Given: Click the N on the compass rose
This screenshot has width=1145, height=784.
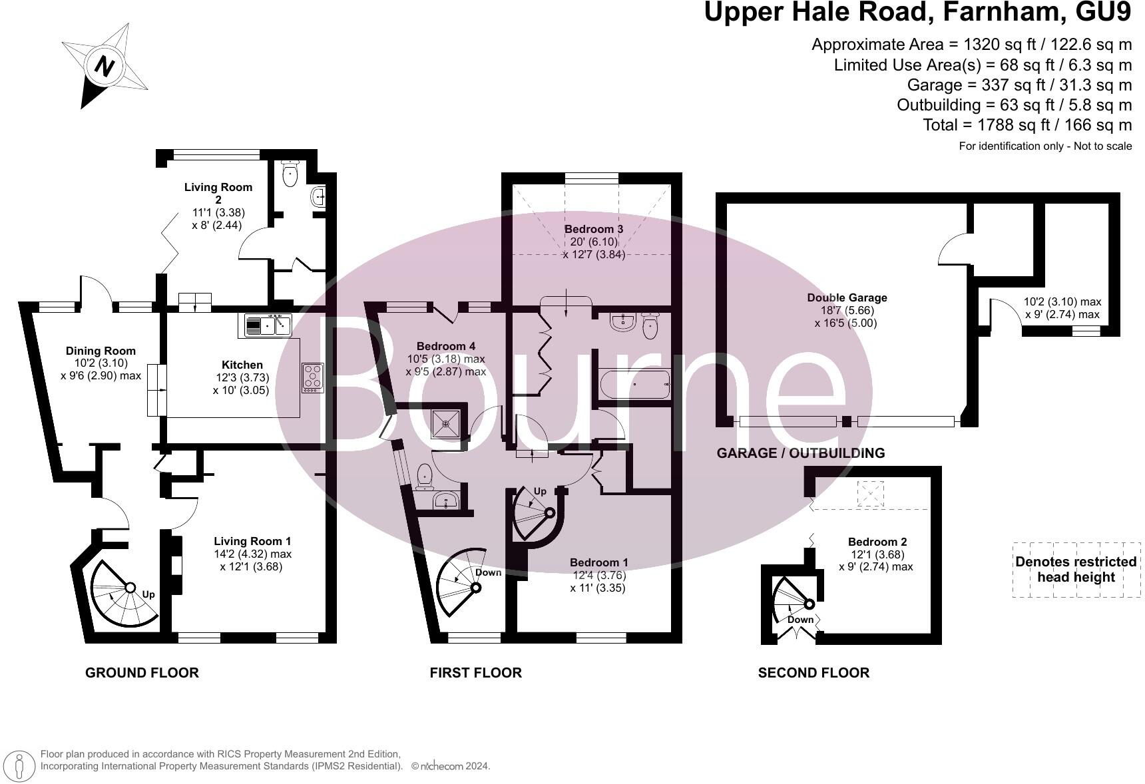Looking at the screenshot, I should pyautogui.click(x=104, y=66).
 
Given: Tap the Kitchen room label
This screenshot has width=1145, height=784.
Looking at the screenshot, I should pyautogui.click(x=242, y=365).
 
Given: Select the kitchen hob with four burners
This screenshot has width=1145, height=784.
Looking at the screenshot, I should pyautogui.click(x=313, y=377).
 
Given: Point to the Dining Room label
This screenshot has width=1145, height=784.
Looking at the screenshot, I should pyautogui.click(x=101, y=351).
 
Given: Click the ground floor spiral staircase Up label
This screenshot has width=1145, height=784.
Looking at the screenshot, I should pyautogui.click(x=148, y=594).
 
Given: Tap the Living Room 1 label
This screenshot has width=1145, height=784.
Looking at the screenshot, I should pyautogui.click(x=252, y=542).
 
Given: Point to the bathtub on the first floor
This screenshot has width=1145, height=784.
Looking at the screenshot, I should pyautogui.click(x=634, y=385).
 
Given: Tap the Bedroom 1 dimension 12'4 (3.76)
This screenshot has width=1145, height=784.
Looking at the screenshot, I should pyautogui.click(x=598, y=575).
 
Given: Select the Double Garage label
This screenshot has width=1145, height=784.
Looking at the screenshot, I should pyautogui.click(x=847, y=297).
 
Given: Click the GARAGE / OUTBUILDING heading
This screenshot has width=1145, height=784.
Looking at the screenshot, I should pyautogui.click(x=800, y=453).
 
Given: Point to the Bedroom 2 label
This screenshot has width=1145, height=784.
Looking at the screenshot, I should pyautogui.click(x=877, y=542).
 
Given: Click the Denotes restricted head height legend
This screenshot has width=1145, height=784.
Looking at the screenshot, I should pyautogui.click(x=1076, y=569).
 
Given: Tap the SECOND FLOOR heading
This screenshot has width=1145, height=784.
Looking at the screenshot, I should pyautogui.click(x=813, y=673).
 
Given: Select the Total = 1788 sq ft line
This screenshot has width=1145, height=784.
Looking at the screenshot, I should pyautogui.click(x=1027, y=125).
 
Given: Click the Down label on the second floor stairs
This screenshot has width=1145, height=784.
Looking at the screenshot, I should pyautogui.click(x=800, y=620).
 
